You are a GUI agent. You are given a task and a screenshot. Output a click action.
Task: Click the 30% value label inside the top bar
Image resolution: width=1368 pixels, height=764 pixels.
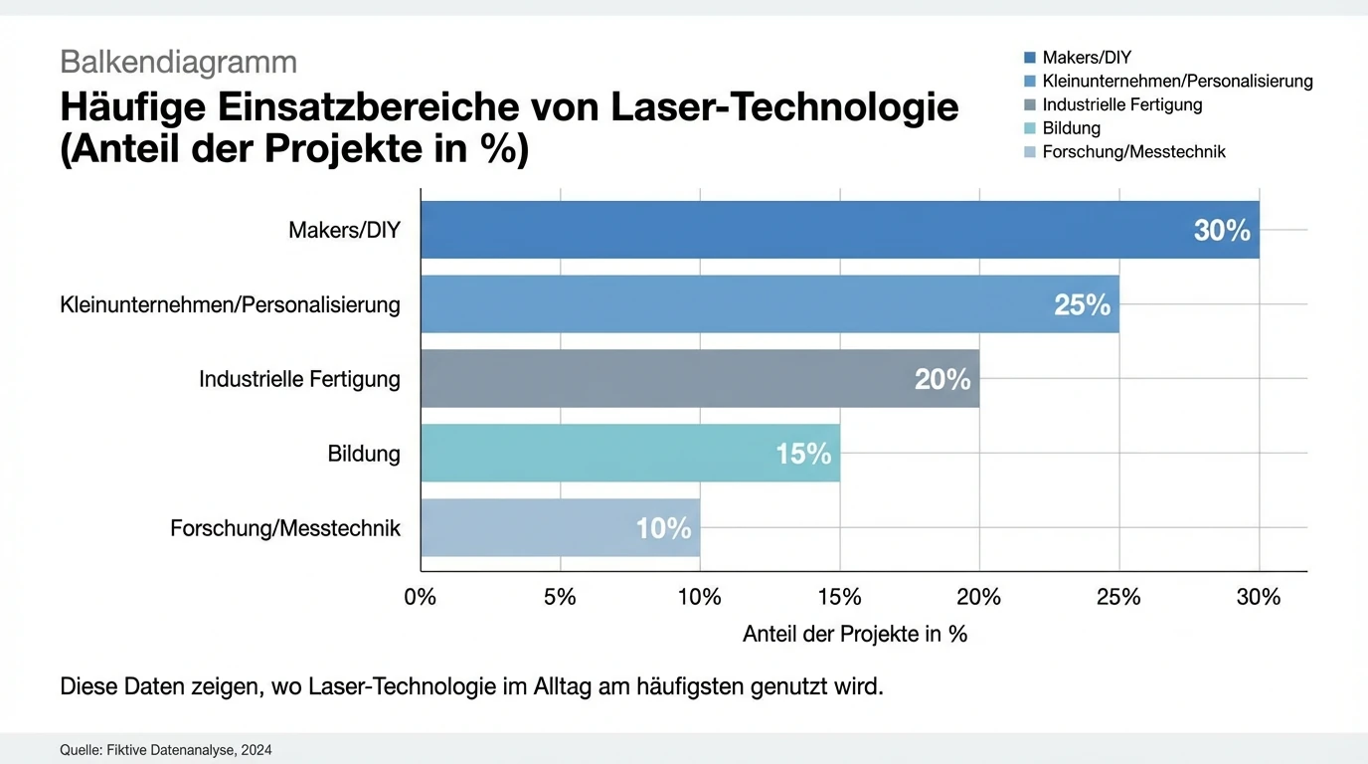[x=1222, y=231]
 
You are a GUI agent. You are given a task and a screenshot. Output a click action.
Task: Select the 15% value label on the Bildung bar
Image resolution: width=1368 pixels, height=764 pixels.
[x=802, y=455]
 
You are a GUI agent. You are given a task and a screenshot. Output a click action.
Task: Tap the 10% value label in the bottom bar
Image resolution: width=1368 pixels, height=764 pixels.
[x=663, y=528]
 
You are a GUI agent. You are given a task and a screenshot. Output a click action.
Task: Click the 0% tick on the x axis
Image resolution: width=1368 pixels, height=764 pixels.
[x=421, y=597]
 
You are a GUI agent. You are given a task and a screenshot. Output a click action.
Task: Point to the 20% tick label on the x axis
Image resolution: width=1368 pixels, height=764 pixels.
[x=978, y=597]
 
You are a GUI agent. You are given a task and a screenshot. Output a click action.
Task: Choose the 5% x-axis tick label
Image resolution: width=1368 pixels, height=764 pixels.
[x=560, y=597]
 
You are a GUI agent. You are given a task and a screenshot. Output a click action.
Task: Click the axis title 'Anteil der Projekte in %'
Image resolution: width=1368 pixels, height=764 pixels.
[x=854, y=634]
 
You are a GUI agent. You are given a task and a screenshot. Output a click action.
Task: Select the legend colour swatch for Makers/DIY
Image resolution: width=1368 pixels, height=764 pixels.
[x=1030, y=58]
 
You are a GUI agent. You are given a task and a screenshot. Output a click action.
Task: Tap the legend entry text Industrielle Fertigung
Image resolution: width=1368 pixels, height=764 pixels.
[x=1121, y=104]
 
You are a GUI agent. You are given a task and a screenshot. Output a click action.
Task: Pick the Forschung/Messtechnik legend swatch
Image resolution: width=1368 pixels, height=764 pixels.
[x=1030, y=152]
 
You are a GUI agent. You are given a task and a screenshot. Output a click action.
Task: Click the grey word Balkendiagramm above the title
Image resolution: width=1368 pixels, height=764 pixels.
[x=178, y=62]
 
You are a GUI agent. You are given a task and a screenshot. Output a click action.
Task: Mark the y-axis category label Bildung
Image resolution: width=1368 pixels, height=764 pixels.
[x=364, y=454]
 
